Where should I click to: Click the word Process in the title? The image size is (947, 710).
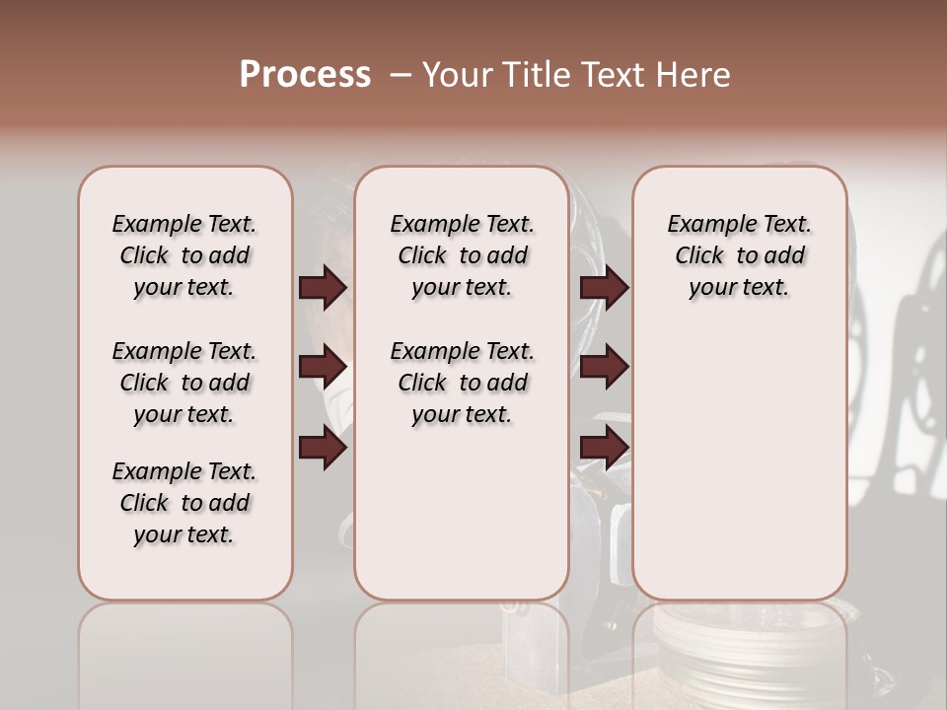coord(305,75)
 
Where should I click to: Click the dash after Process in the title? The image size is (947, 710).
coord(401,76)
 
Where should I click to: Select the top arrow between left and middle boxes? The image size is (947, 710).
coord(323,288)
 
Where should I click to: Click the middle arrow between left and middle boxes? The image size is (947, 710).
coord(323,368)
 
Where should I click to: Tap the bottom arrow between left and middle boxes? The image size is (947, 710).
coord(323,449)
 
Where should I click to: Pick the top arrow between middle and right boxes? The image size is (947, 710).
coord(604,288)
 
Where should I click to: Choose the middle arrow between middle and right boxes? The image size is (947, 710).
coord(604,368)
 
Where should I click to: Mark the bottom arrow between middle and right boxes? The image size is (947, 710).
coord(604,449)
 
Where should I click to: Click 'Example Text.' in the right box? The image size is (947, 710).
coord(739,224)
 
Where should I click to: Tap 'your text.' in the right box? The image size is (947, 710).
coord(739,288)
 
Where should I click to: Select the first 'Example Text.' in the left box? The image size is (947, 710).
coord(184,224)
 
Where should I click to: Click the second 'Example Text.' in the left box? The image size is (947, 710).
coord(184,351)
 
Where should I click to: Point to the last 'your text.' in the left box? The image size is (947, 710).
coord(184,534)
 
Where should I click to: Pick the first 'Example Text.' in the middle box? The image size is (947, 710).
coord(462,224)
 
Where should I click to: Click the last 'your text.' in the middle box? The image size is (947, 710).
coord(462,415)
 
